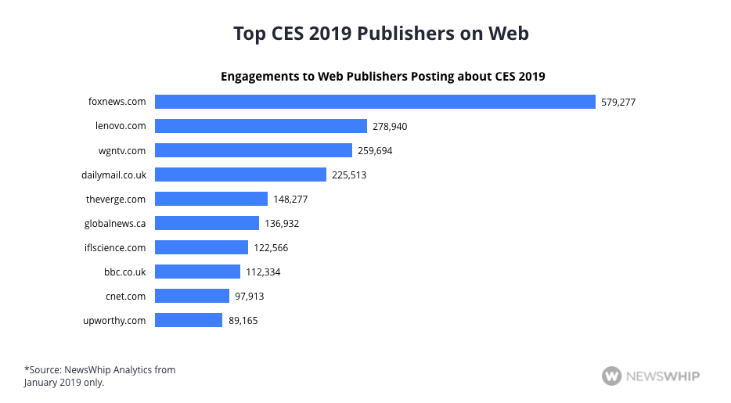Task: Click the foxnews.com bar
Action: tap(375, 102)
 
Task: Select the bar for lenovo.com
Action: tap(261, 126)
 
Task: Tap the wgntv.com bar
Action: tap(254, 150)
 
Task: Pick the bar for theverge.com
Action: tap(211, 199)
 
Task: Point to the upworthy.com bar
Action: tap(189, 320)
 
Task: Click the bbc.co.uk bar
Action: tap(197, 272)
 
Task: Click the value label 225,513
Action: tap(349, 175)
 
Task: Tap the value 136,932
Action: tap(282, 223)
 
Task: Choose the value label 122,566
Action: tap(272, 247)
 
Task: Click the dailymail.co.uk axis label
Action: tap(113, 175)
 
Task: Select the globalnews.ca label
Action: tap(115, 223)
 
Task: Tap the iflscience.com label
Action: tap(115, 247)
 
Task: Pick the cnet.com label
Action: tap(125, 296)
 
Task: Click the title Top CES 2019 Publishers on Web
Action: tap(381, 34)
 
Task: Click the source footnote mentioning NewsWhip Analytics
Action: tap(99, 376)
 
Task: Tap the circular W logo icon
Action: tap(611, 376)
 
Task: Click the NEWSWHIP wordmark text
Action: tap(662, 376)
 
